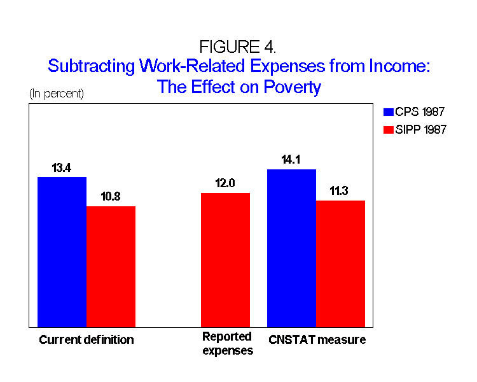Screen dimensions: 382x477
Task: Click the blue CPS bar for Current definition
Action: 62,251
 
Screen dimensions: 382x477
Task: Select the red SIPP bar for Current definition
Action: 111,266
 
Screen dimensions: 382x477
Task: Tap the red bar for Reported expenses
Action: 225,260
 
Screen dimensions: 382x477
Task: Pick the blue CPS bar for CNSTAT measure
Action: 291,248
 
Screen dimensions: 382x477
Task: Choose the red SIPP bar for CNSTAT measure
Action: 340,264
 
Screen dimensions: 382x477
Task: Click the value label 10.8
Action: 111,197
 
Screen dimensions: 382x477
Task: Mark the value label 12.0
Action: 225,183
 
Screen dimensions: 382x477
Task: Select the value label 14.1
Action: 291,160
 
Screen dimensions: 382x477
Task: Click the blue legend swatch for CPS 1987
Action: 389,112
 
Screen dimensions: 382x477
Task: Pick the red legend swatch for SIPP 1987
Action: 389,130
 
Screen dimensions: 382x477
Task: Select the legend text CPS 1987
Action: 422,112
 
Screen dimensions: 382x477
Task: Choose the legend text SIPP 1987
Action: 423,130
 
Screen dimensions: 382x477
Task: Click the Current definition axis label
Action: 86,339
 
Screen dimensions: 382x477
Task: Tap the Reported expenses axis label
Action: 227,343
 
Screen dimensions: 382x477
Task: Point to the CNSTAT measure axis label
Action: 317,339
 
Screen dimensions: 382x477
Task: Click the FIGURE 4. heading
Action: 238,47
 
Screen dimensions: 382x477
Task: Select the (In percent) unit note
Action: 56,94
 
